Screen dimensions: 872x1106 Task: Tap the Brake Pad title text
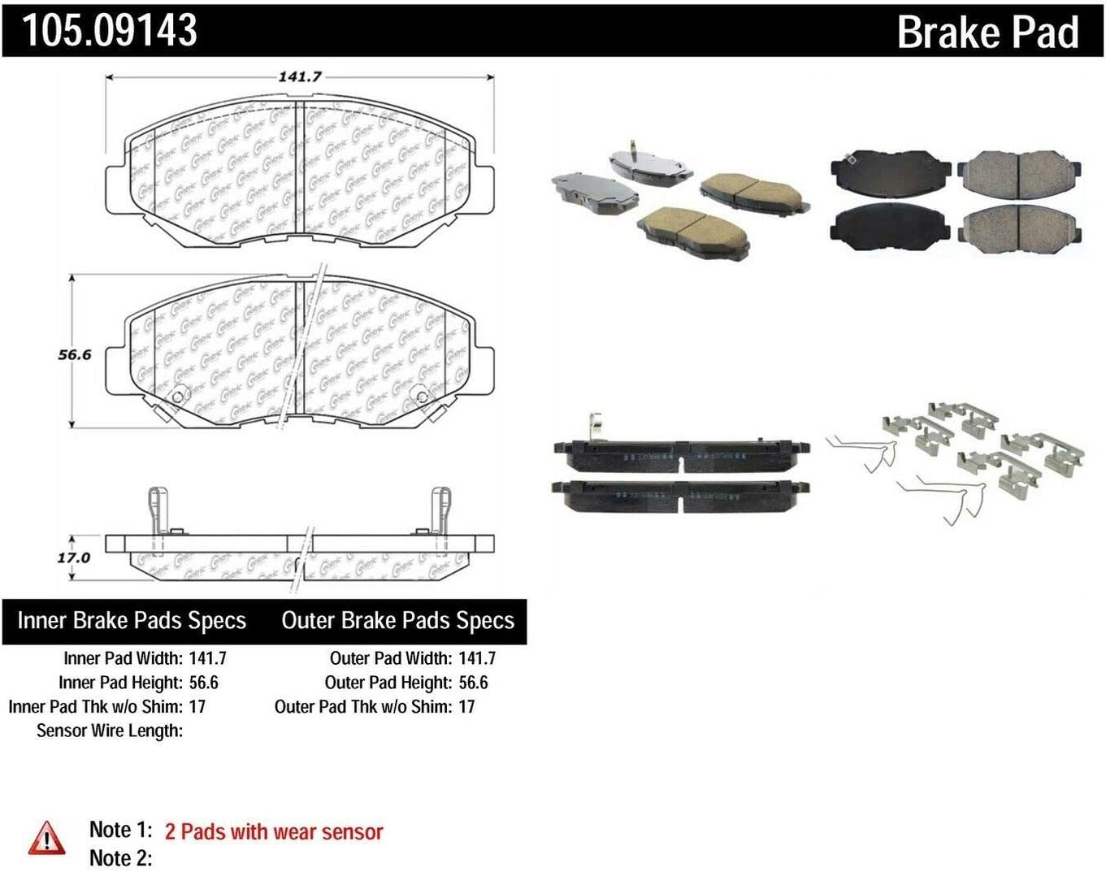[x=987, y=33]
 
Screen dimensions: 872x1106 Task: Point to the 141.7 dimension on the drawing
[x=300, y=76]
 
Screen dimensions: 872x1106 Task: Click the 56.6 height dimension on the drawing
[x=74, y=354]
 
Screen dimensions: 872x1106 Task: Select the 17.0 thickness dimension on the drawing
[x=73, y=557]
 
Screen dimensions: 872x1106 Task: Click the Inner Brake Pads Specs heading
[x=132, y=621]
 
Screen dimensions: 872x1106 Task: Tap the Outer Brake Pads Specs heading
[x=397, y=621]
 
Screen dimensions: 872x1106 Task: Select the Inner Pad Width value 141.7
[x=207, y=658]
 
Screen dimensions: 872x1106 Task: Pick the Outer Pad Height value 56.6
[x=473, y=683]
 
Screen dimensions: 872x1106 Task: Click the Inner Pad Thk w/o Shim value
[x=197, y=706]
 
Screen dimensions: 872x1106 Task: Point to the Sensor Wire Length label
[x=110, y=731]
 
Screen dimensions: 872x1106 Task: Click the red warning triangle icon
[x=46, y=838]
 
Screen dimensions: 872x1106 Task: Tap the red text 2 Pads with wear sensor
[x=274, y=831]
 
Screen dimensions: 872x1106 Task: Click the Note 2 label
[x=120, y=857]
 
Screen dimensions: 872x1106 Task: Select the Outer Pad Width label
[x=390, y=658]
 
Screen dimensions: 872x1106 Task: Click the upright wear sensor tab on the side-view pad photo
[x=594, y=426]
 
